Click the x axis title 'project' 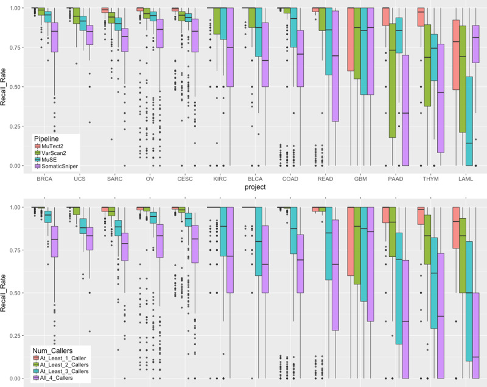pos(254,187)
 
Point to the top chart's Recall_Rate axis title pos(5,87)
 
